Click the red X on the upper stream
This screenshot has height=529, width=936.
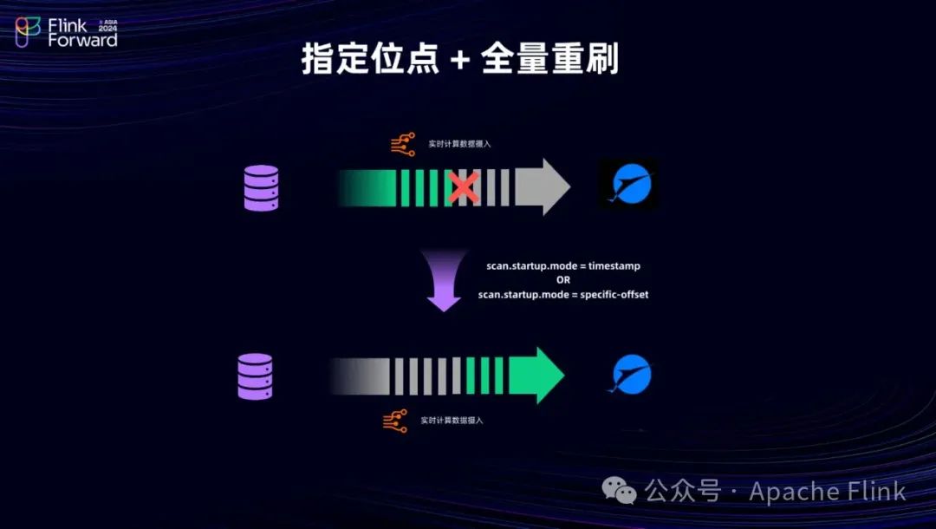(x=464, y=187)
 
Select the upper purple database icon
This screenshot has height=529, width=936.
(x=261, y=188)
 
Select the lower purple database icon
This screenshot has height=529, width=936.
(x=255, y=376)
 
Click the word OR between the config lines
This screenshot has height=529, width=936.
(x=563, y=280)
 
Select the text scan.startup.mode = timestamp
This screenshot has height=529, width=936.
(x=563, y=265)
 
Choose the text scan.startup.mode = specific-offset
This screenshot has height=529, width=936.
(x=563, y=295)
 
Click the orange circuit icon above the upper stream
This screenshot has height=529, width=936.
(x=403, y=145)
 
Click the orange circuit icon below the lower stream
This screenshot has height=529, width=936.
(x=395, y=421)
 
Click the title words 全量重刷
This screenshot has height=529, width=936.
(x=549, y=60)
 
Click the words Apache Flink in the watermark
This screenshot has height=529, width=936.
(x=827, y=492)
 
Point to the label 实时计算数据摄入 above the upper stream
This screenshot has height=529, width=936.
(x=459, y=144)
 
